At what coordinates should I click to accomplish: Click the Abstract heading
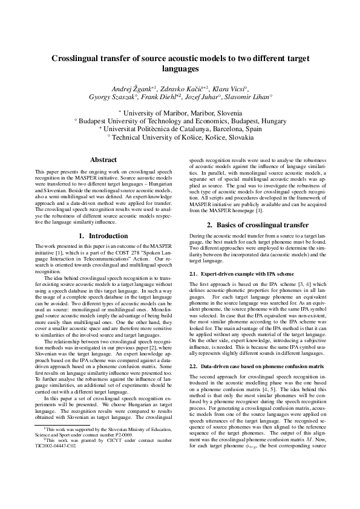103,160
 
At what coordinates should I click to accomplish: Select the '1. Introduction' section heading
103,235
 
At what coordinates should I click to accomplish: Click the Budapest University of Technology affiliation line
180,121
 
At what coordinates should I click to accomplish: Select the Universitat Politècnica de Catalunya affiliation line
180,129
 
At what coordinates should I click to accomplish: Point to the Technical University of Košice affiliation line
180,137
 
